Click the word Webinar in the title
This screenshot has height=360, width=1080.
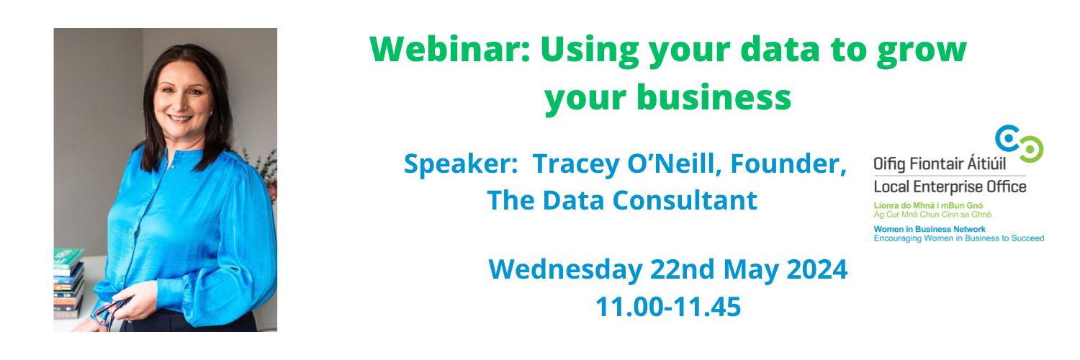[450, 49]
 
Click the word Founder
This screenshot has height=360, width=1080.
[788, 164]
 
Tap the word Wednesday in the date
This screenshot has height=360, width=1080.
[565, 269]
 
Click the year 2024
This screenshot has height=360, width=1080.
[816, 269]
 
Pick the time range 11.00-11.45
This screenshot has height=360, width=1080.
[667, 307]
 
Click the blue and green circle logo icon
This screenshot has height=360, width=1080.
[1019, 143]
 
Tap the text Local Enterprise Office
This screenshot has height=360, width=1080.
[950, 187]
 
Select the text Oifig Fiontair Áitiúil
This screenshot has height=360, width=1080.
[940, 164]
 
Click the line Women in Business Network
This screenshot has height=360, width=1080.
[930, 229]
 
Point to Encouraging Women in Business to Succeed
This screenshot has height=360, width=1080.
[959, 238]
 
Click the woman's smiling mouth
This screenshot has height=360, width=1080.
[180, 118]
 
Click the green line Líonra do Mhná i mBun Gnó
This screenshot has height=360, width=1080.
[928, 205]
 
